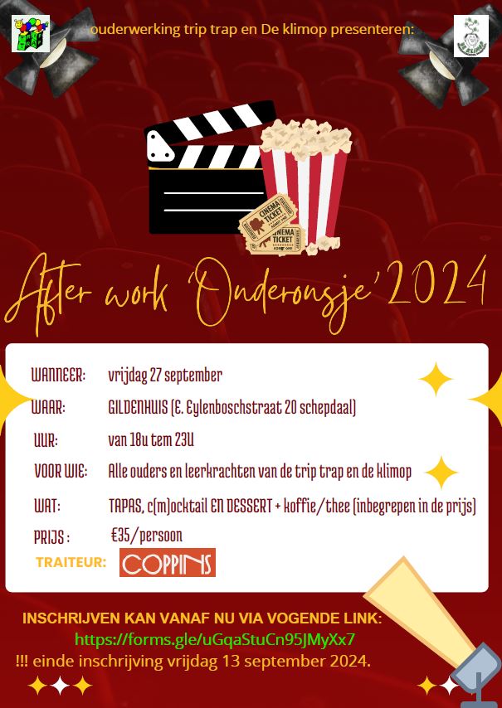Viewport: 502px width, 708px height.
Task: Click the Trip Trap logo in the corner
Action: (30, 34)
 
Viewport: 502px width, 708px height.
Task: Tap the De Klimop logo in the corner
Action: (470, 36)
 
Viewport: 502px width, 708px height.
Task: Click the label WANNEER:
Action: (58, 376)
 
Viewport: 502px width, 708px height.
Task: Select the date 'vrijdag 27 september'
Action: (165, 376)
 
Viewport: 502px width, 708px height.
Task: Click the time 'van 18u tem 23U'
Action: (151, 440)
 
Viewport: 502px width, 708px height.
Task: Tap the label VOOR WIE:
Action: (61, 473)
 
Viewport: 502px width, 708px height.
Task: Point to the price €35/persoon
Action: (146, 536)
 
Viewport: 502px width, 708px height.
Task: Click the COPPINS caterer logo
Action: (167, 563)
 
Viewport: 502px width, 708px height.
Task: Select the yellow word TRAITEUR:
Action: (71, 563)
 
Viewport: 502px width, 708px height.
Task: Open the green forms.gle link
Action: (215, 640)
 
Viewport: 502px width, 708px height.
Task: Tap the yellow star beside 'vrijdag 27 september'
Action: (436, 379)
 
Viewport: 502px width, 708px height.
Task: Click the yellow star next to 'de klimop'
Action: (441, 473)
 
